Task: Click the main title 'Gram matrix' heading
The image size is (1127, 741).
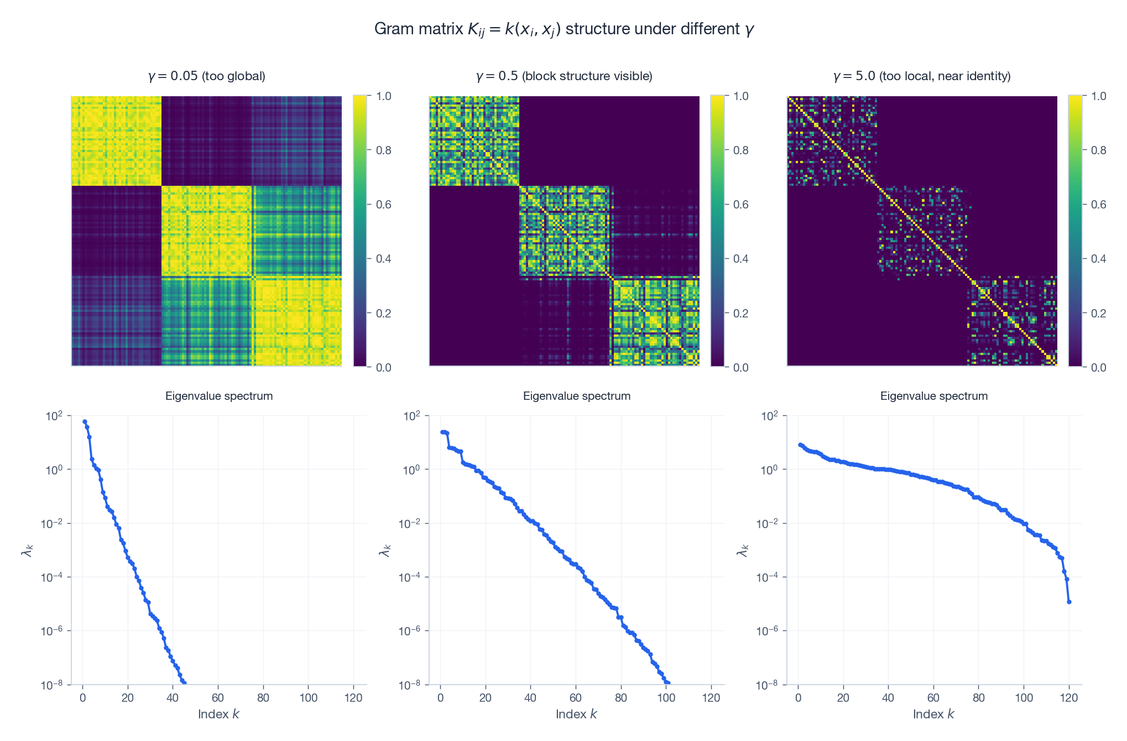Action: click(564, 29)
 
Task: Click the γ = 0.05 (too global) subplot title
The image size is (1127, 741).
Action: click(207, 76)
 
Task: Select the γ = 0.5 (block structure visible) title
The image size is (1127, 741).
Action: click(564, 76)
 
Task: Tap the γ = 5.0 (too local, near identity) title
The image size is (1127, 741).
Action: click(922, 76)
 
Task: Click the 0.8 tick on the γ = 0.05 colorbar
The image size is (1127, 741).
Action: click(383, 150)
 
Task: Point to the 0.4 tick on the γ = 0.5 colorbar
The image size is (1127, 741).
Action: click(740, 259)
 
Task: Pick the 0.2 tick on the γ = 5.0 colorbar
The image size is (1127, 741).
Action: click(1098, 313)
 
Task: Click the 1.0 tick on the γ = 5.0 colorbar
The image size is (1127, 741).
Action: click(1098, 96)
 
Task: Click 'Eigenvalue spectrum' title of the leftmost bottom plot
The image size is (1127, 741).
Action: click(219, 396)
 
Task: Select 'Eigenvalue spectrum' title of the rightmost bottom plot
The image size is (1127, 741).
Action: click(934, 396)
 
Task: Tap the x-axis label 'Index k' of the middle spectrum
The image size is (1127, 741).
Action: click(576, 714)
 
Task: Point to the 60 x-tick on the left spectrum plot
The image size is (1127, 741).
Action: click(218, 698)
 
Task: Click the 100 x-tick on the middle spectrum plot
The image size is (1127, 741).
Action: click(666, 698)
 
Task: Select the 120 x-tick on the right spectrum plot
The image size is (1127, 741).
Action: click(1069, 698)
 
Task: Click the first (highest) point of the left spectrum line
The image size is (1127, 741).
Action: click(85, 421)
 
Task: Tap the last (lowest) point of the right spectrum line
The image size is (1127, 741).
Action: click(1069, 602)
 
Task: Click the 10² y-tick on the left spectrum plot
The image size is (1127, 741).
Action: click(54, 416)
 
